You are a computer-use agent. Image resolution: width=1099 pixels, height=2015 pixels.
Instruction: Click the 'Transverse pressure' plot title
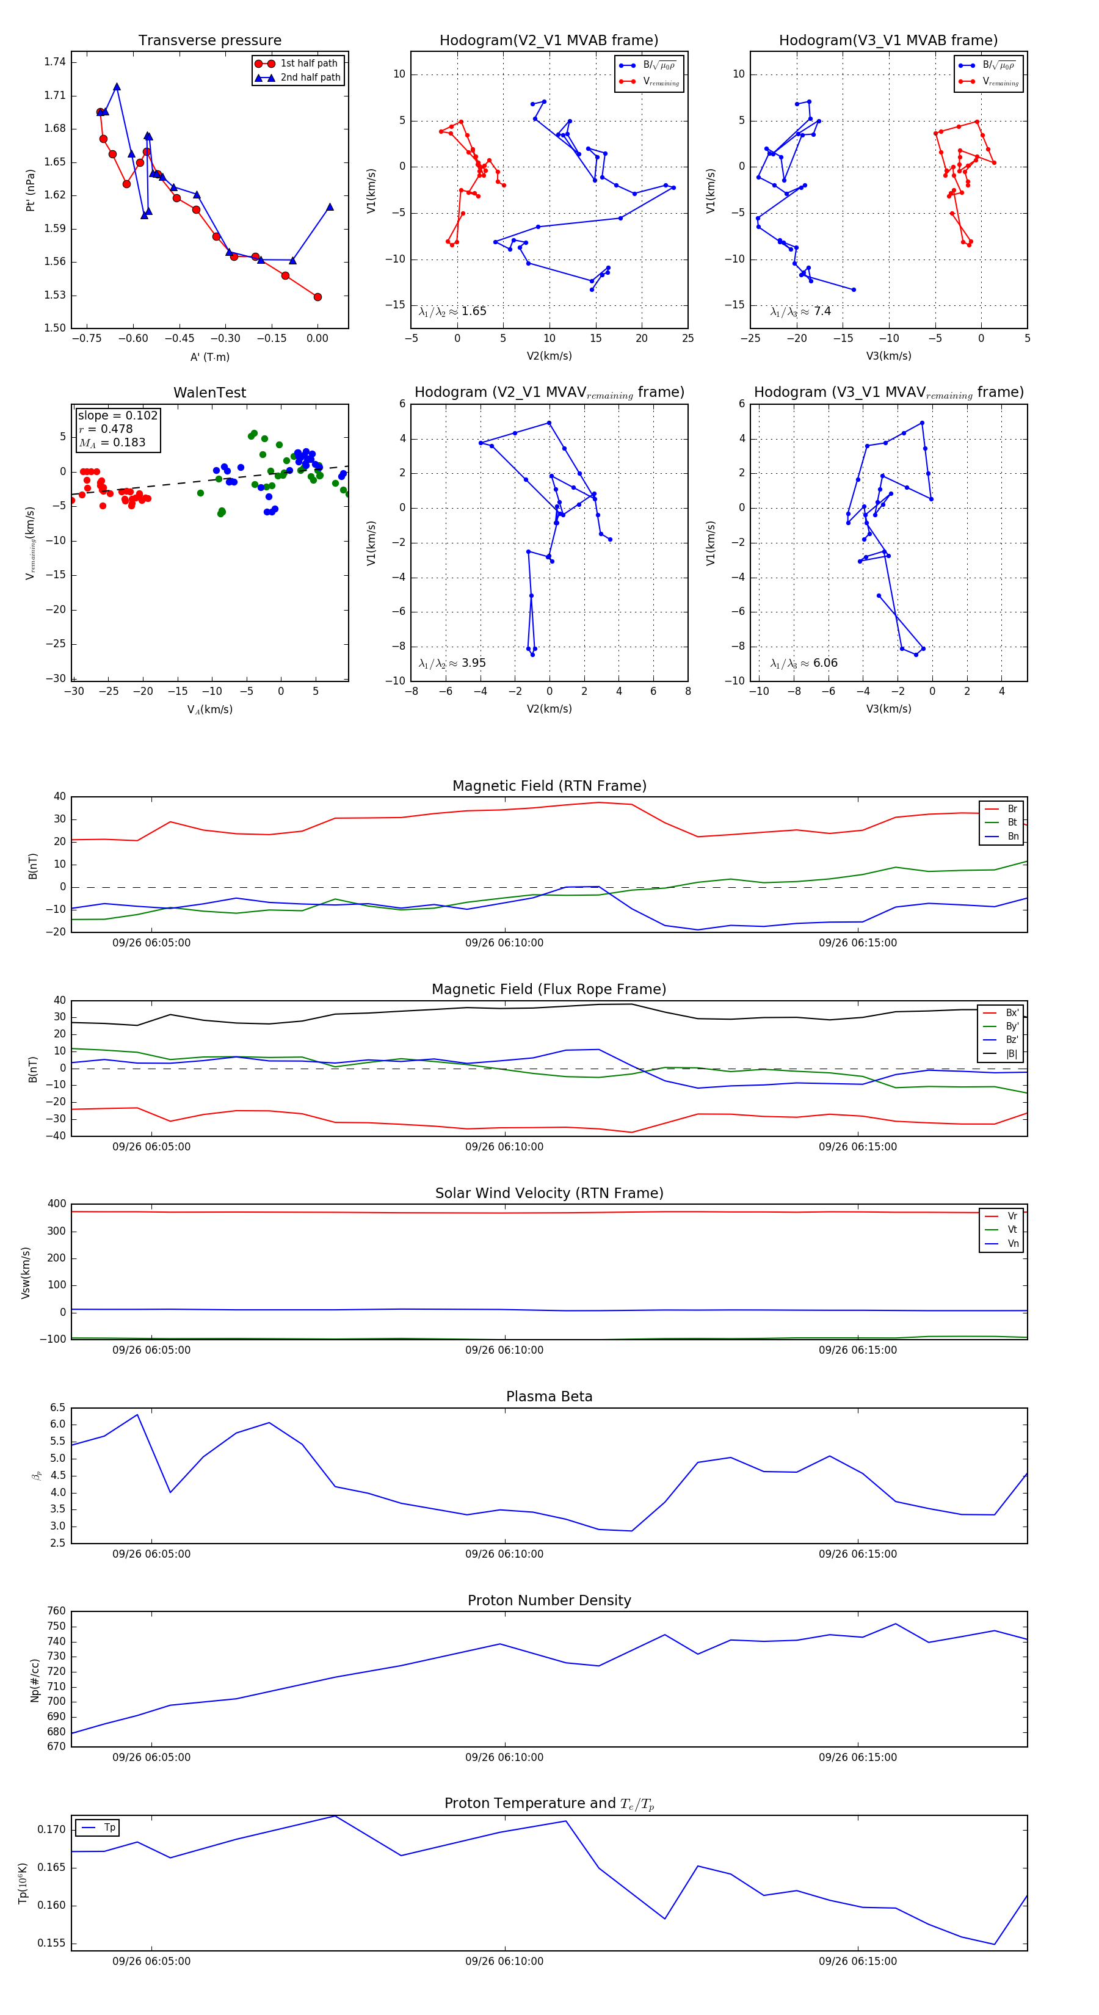pyautogui.click(x=209, y=41)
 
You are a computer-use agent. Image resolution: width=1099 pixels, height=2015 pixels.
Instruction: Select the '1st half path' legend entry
pyautogui.click(x=308, y=64)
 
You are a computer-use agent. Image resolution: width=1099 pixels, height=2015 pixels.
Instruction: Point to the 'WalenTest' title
pyautogui.click(x=209, y=393)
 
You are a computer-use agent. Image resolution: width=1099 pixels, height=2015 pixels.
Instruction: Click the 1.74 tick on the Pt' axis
pyautogui.click(x=55, y=62)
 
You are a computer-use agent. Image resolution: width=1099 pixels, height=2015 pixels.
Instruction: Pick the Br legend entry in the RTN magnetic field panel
pyautogui.click(x=1012, y=809)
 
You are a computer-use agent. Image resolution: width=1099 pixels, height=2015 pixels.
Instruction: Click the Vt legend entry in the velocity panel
pyautogui.click(x=1012, y=1230)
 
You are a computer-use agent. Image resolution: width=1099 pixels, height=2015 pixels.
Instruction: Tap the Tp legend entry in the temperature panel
pyautogui.click(x=109, y=1828)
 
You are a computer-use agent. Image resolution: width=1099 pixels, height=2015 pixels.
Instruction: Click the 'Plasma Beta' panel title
pyautogui.click(x=549, y=1397)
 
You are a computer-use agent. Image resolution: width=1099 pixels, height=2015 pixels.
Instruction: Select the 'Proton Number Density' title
pyautogui.click(x=549, y=1600)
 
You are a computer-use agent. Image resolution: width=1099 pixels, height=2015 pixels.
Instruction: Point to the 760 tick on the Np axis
pyautogui.click(x=56, y=1611)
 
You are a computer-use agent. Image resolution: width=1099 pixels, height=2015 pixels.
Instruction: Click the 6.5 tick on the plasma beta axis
pyautogui.click(x=58, y=1407)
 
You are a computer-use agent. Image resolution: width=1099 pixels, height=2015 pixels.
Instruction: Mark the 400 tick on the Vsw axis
pyautogui.click(x=56, y=1204)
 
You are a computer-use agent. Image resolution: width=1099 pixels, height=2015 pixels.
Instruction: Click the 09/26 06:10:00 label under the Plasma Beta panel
pyautogui.click(x=504, y=1553)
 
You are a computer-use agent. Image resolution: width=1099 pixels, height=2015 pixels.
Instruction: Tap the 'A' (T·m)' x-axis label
pyautogui.click(x=209, y=357)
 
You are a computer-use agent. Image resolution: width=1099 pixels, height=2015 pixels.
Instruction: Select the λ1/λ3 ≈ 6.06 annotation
pyautogui.click(x=803, y=663)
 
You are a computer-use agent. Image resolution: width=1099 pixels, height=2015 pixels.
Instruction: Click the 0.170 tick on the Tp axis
pyautogui.click(x=53, y=1829)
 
